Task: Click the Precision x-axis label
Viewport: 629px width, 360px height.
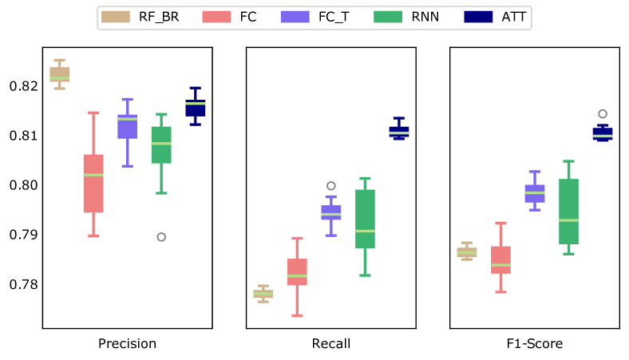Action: [x=127, y=344]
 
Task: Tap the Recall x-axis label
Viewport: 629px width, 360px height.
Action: [x=330, y=344]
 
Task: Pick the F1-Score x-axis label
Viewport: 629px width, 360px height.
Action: [x=535, y=344]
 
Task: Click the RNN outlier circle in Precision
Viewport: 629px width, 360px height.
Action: [x=161, y=237]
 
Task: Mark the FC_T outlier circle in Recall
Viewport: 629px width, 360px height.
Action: [x=331, y=186]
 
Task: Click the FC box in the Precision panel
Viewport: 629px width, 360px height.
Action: [x=93, y=184]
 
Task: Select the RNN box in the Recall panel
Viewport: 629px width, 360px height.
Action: [x=365, y=219]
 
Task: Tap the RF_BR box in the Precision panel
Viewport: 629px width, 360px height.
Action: [x=60, y=74]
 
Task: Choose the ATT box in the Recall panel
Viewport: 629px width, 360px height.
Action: [x=399, y=132]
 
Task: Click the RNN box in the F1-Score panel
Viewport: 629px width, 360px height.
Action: [x=568, y=212]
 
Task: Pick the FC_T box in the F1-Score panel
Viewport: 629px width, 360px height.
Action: [x=535, y=193]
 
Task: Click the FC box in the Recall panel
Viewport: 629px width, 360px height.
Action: [x=297, y=272]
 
